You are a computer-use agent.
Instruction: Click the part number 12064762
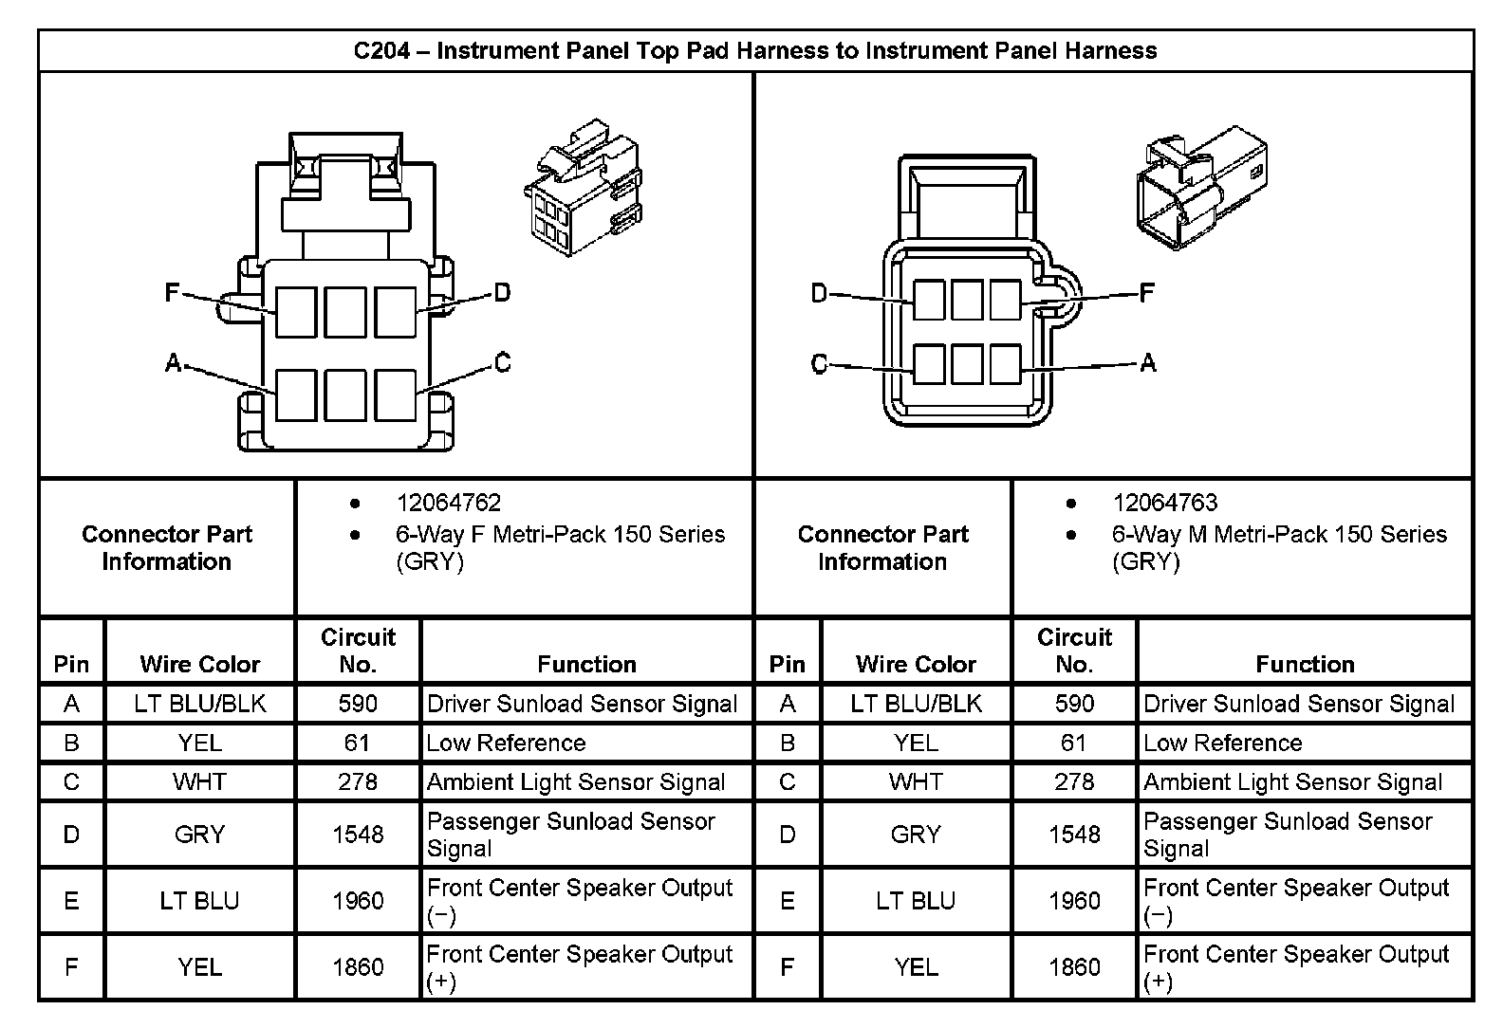pos(448,503)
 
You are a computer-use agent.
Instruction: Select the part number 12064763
pos(1164,503)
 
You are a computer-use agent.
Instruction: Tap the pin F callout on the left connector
pos(172,292)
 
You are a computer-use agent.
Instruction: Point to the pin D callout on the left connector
pos(502,292)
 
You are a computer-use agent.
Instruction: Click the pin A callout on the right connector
pos(1148,362)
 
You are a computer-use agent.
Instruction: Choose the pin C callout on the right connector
pos(820,364)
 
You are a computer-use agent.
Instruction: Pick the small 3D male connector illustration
pos(1201,187)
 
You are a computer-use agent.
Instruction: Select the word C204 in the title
pos(381,51)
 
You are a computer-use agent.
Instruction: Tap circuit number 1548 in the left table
pos(358,835)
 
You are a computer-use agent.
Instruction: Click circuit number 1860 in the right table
pos(1074,967)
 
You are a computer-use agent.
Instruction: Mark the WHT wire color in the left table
pos(199,782)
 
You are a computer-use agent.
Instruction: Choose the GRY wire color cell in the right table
pos(916,835)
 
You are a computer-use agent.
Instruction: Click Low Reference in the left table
pos(506,743)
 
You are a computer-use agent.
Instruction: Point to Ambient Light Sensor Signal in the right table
pos(1292,782)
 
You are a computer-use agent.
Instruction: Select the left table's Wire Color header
pos(199,664)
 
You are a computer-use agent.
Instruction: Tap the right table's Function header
pos(1305,664)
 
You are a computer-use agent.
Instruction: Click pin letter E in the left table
pos(71,901)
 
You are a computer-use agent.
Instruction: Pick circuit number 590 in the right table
pos(1074,704)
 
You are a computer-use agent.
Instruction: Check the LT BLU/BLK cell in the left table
pos(199,704)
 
